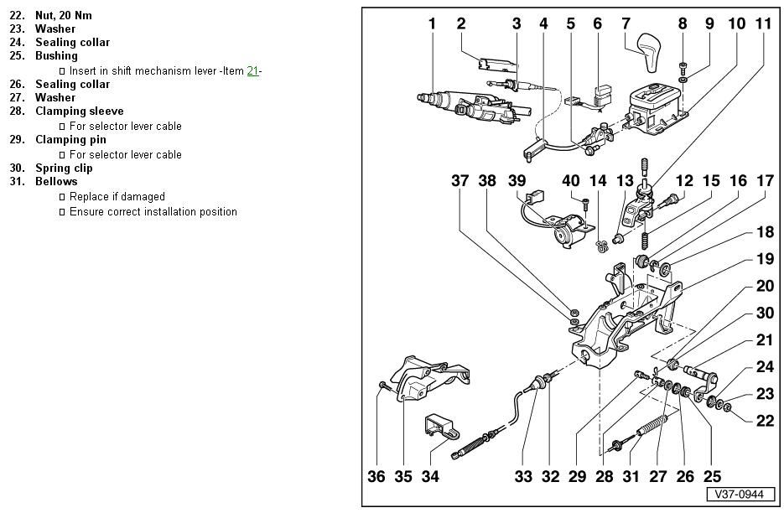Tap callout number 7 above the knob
click(x=626, y=23)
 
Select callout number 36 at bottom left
click(x=376, y=477)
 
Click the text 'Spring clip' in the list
click(x=64, y=168)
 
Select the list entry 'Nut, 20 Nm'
click(x=64, y=16)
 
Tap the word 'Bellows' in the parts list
click(x=56, y=182)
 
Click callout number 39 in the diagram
click(x=517, y=180)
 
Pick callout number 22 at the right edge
click(x=765, y=421)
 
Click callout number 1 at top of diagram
click(x=433, y=23)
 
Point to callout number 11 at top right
click(x=763, y=23)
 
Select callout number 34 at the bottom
click(x=430, y=477)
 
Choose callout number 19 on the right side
click(x=765, y=260)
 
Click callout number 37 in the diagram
click(x=460, y=180)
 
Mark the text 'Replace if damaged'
click(x=117, y=197)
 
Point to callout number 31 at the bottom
click(x=631, y=477)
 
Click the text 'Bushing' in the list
click(x=56, y=56)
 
